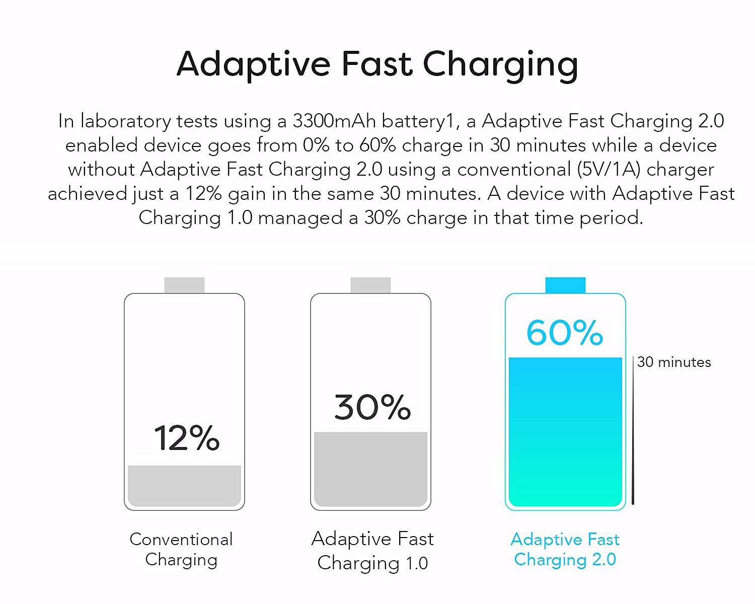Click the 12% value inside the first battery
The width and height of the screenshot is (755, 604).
[187, 437]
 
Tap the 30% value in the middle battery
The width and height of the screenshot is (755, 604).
[372, 407]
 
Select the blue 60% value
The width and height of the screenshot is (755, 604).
[565, 332]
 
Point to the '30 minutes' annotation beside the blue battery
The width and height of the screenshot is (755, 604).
[674, 362]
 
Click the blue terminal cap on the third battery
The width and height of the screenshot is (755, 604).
[565, 285]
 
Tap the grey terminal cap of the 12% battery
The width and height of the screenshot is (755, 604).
[184, 285]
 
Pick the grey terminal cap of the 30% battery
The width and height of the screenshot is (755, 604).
[370, 285]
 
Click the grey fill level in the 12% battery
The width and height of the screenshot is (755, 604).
[184, 486]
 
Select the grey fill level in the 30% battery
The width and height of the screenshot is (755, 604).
[370, 469]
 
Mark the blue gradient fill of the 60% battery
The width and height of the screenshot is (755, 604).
[565, 432]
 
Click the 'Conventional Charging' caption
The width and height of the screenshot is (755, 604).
[181, 550]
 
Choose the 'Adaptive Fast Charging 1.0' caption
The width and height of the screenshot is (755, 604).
[372, 551]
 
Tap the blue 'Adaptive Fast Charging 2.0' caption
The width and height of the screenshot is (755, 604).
[565, 550]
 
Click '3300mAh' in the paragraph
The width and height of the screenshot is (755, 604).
[334, 121]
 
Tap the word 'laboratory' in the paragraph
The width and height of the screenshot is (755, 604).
[126, 121]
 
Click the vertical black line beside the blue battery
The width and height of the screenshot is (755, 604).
[633, 431]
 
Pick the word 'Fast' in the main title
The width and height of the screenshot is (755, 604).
[377, 64]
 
